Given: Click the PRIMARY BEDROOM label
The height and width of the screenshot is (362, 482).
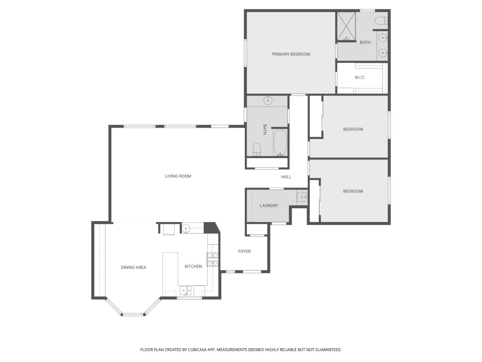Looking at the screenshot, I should pyautogui.click(x=291, y=54).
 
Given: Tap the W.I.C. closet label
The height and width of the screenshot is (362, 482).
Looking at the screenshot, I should pyautogui.click(x=360, y=78).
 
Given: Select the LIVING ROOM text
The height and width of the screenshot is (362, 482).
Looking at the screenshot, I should pyautogui.click(x=178, y=176).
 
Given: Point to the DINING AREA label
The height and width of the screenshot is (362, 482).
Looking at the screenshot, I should pyautogui.click(x=133, y=267).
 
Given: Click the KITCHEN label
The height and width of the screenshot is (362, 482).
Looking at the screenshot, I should pyautogui.click(x=193, y=266).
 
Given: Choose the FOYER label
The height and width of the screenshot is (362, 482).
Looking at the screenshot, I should pyautogui.click(x=244, y=251).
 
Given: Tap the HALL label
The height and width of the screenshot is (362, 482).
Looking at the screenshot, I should pyautogui.click(x=286, y=177).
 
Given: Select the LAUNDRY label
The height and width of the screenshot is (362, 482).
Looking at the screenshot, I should pyautogui.click(x=269, y=206).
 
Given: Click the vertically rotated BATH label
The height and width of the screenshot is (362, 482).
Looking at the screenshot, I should pyautogui.click(x=265, y=129).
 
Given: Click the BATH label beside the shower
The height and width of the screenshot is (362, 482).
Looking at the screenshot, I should pyautogui.click(x=365, y=42).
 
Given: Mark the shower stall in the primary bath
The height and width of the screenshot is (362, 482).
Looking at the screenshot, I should pyautogui.click(x=346, y=26).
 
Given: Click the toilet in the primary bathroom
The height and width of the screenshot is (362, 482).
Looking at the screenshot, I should pyautogui.click(x=381, y=21).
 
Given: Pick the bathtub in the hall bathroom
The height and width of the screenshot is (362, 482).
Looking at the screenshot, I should pyautogui.click(x=280, y=143).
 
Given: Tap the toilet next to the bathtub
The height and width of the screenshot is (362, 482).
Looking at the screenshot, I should pyautogui.click(x=257, y=149).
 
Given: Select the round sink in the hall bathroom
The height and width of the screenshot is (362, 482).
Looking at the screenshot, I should pyautogui.click(x=268, y=101).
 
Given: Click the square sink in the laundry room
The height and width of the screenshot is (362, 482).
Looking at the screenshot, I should pyautogui.click(x=302, y=197).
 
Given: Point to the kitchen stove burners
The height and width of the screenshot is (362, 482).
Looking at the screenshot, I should pyautogui.click(x=212, y=259).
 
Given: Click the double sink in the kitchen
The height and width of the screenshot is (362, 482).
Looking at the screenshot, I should pyautogui.click(x=185, y=291).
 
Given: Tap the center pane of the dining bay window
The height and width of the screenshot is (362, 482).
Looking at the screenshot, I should pyautogui.click(x=133, y=314).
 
